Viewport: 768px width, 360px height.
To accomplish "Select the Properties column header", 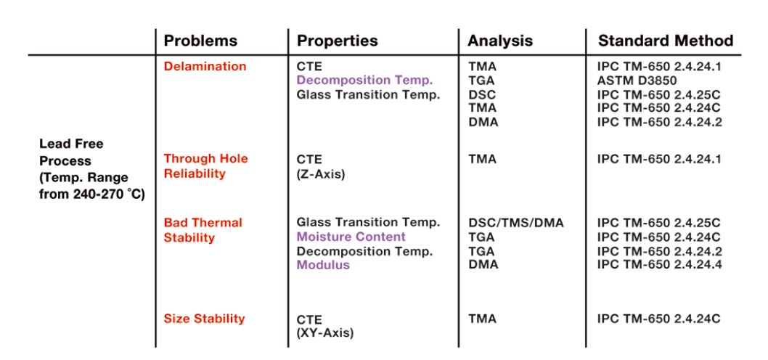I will (x=338, y=41).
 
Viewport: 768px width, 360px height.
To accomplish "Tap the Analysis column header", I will (x=500, y=41).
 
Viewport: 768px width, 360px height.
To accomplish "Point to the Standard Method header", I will (x=666, y=41).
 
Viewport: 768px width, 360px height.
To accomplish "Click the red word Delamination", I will (x=205, y=67).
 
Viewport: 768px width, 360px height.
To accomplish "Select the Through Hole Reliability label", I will (x=205, y=166).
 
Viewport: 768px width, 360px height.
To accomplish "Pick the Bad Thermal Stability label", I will (x=203, y=230).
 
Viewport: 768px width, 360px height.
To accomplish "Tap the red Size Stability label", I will (x=204, y=319).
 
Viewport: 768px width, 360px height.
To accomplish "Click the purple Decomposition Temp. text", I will (x=365, y=81).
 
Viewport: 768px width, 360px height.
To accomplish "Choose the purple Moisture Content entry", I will (x=351, y=237).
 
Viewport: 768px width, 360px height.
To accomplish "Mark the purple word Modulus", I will (x=323, y=265).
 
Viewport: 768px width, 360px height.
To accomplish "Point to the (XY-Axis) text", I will (x=325, y=334).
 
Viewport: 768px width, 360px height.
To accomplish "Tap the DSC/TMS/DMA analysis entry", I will (x=516, y=223).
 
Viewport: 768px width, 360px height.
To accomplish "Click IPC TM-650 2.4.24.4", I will (x=658, y=265).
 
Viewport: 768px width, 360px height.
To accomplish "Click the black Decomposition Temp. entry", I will (x=365, y=251).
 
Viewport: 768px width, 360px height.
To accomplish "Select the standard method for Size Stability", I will (x=658, y=319).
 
